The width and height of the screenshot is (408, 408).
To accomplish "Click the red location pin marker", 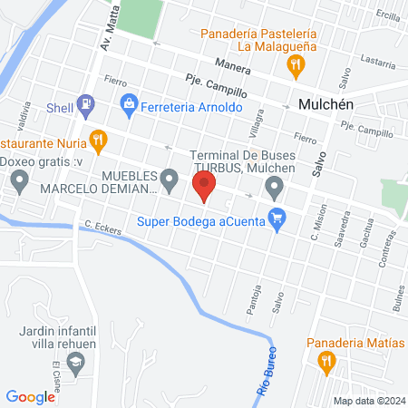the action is pos(204,187).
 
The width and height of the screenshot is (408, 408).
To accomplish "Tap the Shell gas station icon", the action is pos(86,105).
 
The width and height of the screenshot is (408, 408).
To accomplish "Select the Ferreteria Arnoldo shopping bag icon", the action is pos(130,105).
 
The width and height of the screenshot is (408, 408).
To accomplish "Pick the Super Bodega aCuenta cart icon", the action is pos(278,218).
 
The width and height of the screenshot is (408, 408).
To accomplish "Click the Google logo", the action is pos(31,396).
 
